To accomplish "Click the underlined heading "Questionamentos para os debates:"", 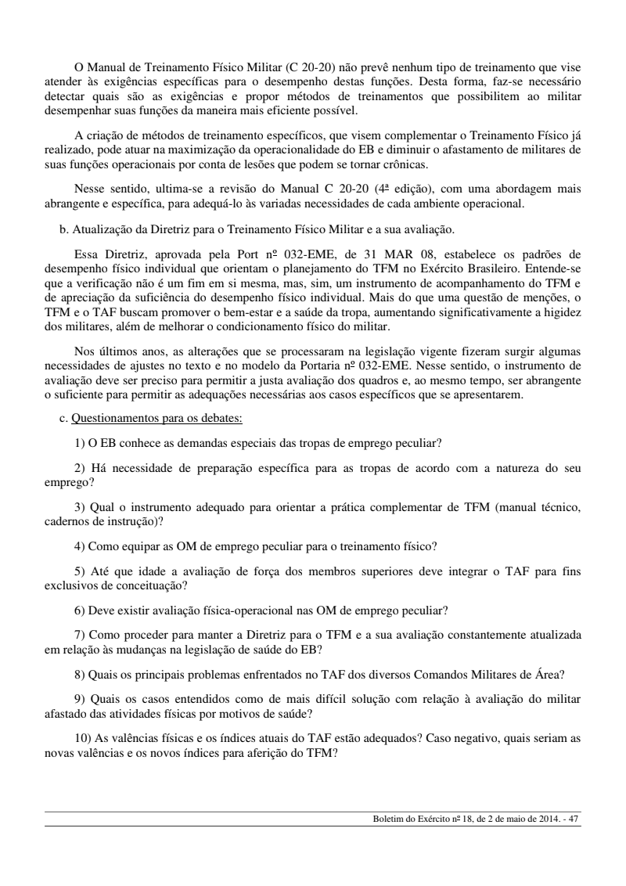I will [156, 418].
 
